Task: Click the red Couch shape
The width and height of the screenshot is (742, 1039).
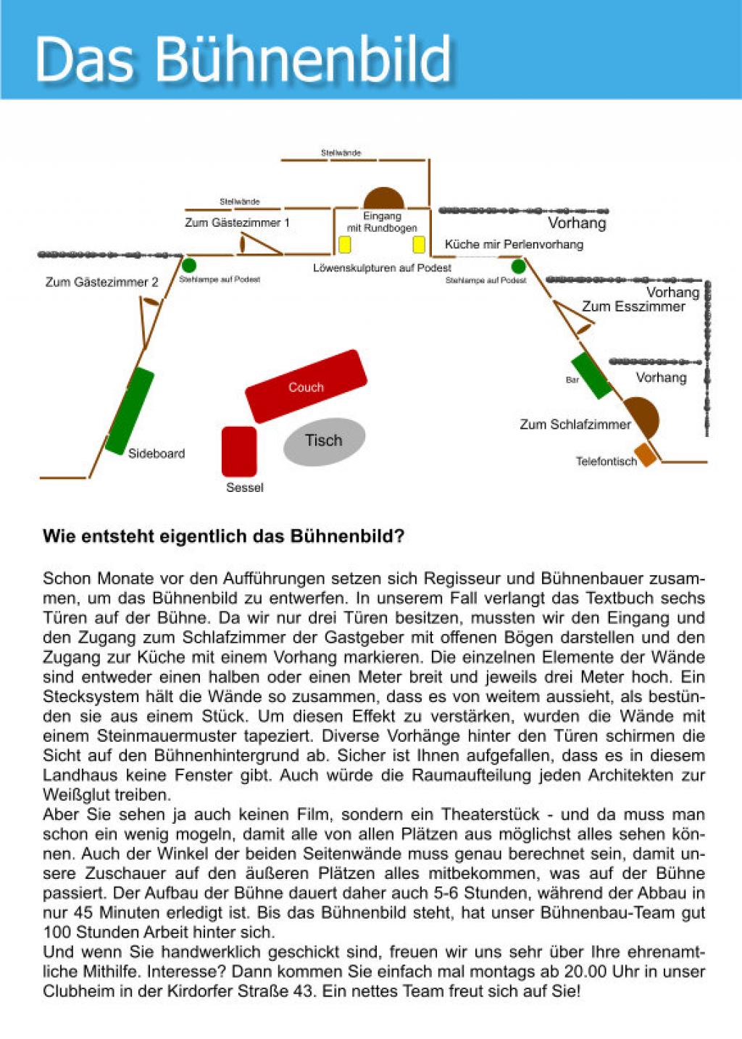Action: [x=306, y=386]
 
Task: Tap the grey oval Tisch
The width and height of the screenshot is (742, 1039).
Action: [x=324, y=441]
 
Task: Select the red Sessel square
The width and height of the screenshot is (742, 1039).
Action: [x=239, y=451]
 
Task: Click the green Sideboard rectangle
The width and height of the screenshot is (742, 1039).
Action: [x=130, y=411]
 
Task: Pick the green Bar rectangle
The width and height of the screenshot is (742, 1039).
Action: [x=591, y=376]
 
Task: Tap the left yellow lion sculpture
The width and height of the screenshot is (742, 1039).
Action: [x=345, y=244]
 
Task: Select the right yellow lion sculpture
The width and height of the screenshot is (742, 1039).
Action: [x=419, y=244]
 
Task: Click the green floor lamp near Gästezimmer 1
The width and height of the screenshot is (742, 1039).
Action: [x=189, y=266]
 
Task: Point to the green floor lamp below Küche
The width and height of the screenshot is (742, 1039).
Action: [x=518, y=266]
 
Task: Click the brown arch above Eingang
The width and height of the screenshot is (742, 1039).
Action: [x=383, y=199]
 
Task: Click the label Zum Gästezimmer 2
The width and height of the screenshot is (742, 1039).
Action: [x=101, y=282]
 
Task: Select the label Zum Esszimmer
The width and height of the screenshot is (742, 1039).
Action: [x=633, y=306]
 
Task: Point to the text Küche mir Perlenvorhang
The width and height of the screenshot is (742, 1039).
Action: [x=514, y=244]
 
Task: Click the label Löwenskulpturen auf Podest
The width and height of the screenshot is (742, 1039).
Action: [x=382, y=268]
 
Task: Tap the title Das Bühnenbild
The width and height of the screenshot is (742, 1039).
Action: [x=243, y=58]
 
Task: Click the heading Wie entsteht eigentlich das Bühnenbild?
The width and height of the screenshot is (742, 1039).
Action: [x=223, y=536]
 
